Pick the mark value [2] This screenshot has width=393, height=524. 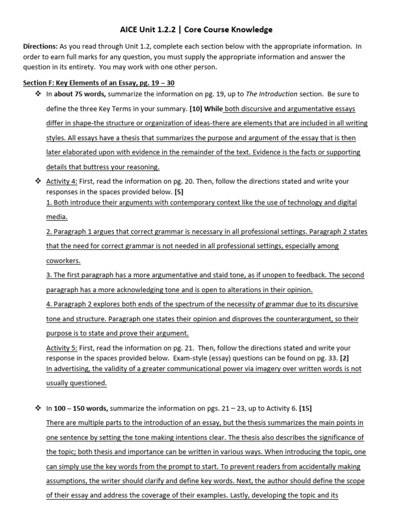pyautogui.click(x=345, y=358)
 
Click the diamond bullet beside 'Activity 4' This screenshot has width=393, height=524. pyautogui.click(x=37, y=182)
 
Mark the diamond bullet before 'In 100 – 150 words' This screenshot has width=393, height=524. pyautogui.click(x=37, y=408)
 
